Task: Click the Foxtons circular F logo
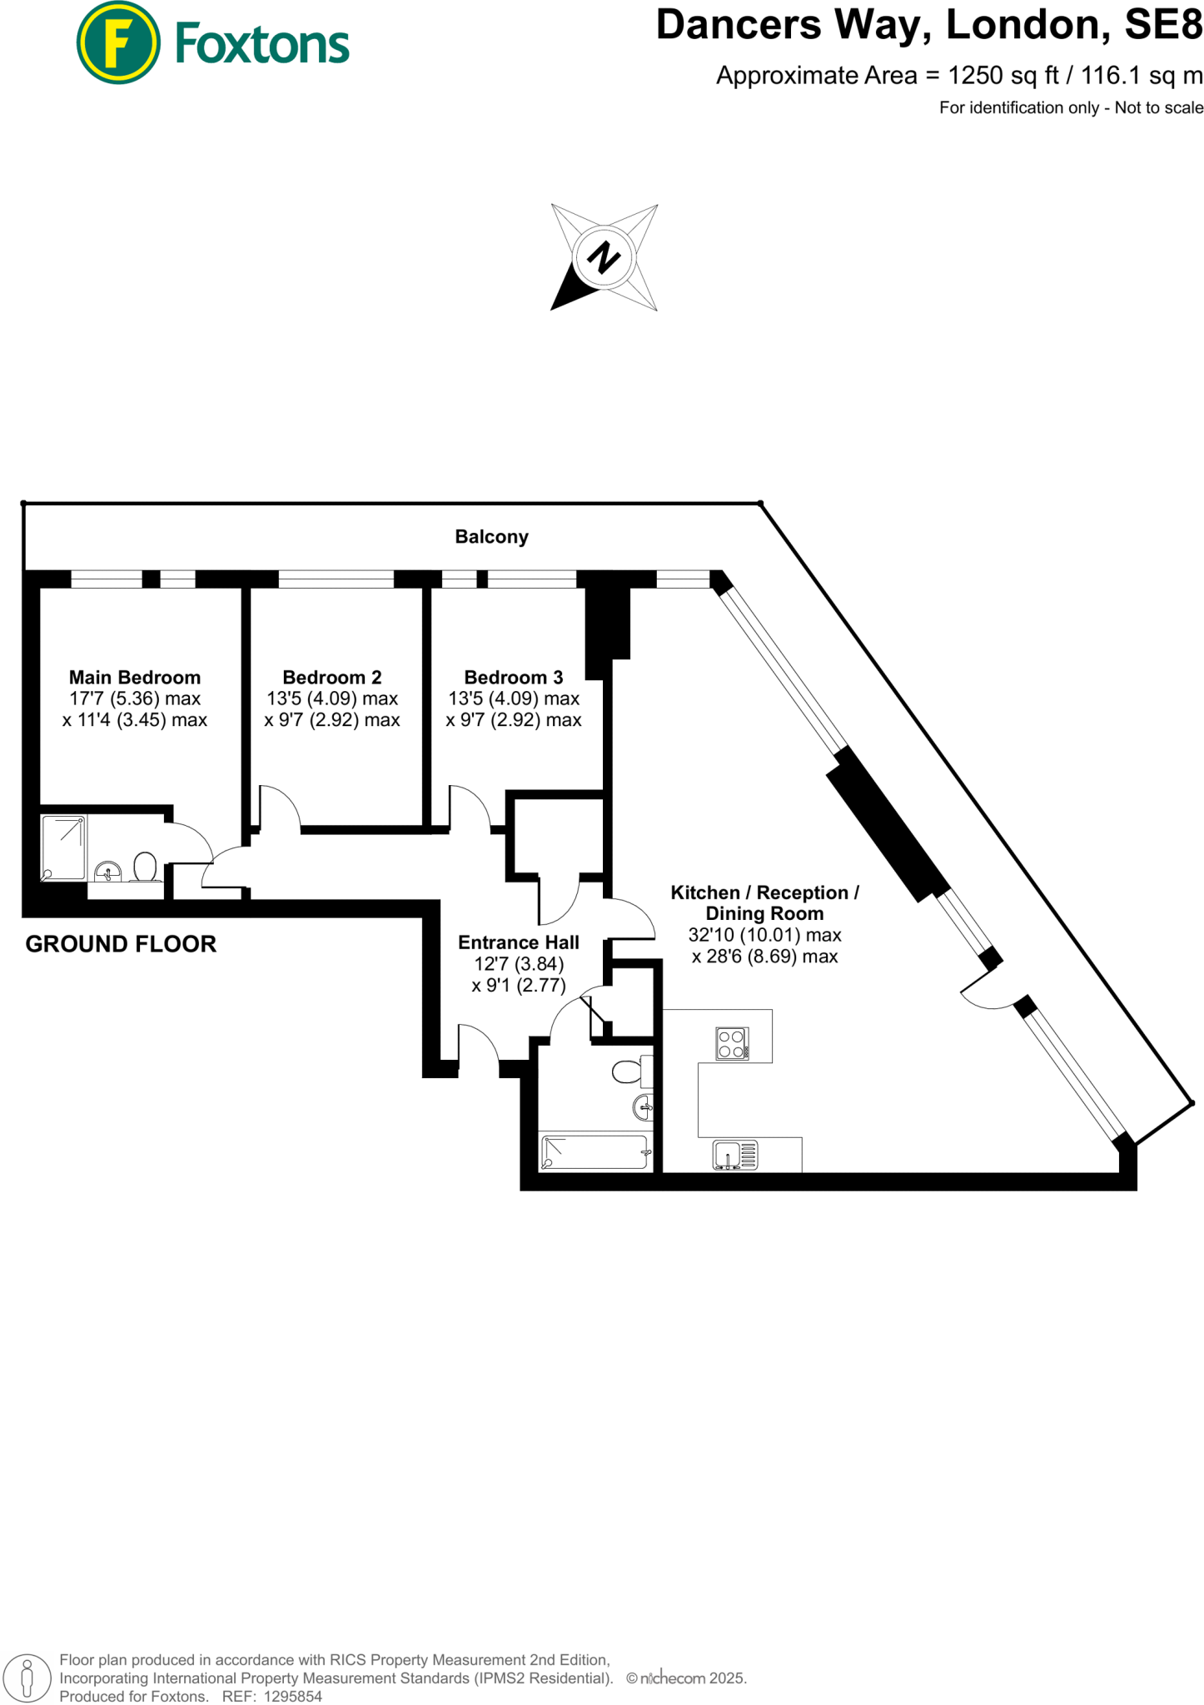click(x=117, y=42)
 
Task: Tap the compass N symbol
click(x=604, y=257)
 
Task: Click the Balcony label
click(x=491, y=537)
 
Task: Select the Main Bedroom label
click(x=135, y=678)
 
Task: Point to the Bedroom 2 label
click(x=332, y=678)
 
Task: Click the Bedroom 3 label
click(x=514, y=678)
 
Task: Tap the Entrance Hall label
click(x=519, y=942)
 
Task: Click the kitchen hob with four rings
click(x=732, y=1044)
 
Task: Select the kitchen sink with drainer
click(x=735, y=1156)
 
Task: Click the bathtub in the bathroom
click(x=595, y=1152)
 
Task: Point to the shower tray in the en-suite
click(x=64, y=848)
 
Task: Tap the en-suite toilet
click(x=146, y=867)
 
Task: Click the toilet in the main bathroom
click(x=628, y=1071)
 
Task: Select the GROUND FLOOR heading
click(x=121, y=944)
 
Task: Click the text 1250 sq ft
click(x=1003, y=76)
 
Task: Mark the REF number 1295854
click(x=292, y=1696)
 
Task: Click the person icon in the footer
click(x=27, y=1678)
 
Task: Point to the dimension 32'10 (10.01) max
click(x=764, y=935)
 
